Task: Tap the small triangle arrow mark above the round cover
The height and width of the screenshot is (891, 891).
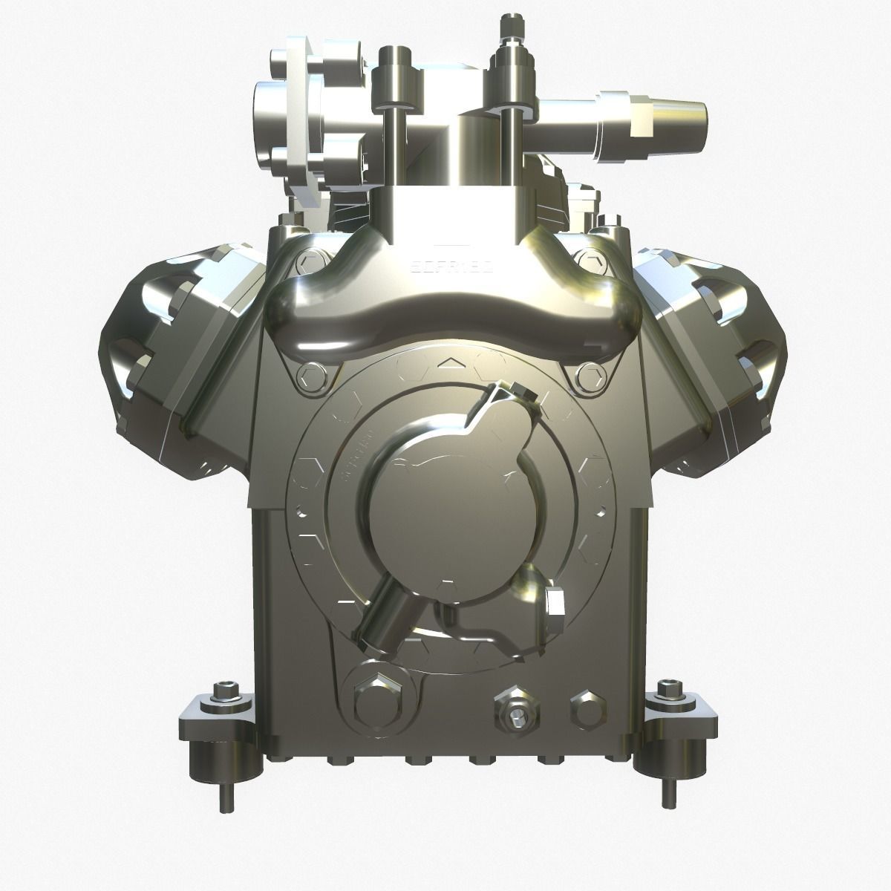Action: point(446,363)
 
